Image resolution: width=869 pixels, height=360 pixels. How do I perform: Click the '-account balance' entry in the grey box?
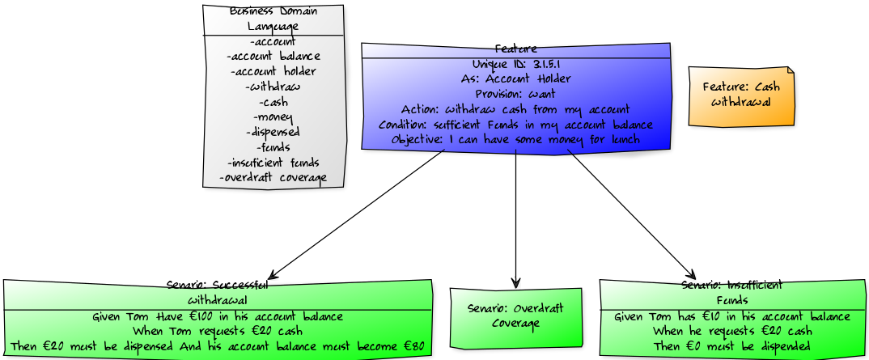(x=273, y=56)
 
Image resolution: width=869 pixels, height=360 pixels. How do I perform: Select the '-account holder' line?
(x=273, y=71)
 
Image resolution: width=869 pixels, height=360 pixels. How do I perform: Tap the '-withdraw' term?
(x=273, y=87)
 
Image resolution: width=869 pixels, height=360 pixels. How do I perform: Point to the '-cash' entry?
(x=273, y=102)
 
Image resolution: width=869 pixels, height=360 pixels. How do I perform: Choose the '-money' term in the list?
(x=273, y=117)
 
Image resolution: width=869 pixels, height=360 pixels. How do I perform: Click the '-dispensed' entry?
(x=273, y=132)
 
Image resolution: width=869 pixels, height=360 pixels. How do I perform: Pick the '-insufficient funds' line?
(x=273, y=163)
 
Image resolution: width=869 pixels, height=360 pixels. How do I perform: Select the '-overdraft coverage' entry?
(x=273, y=178)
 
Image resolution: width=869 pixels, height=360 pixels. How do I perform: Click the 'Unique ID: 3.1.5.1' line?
(x=515, y=64)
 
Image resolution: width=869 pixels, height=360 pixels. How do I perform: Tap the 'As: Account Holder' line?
(x=515, y=79)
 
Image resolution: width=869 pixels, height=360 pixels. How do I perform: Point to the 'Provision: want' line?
(x=515, y=94)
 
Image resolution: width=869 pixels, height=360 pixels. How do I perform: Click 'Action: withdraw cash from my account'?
(x=515, y=109)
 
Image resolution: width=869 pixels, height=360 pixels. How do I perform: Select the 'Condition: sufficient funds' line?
(x=515, y=125)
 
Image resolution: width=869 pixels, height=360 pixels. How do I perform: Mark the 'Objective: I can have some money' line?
(x=515, y=140)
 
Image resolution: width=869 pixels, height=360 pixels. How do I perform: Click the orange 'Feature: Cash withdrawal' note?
(x=741, y=95)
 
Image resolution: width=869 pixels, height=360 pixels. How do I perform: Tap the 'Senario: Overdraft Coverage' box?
(x=515, y=316)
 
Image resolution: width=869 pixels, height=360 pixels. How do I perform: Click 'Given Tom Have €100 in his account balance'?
(x=217, y=316)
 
